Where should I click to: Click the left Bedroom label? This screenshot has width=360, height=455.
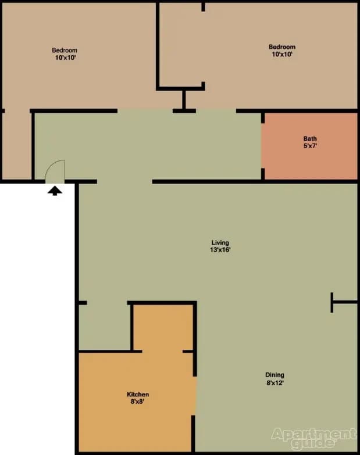click(x=65, y=51)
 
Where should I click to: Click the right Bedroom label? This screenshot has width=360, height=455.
click(x=281, y=47)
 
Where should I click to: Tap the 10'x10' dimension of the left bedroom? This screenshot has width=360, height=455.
click(x=65, y=58)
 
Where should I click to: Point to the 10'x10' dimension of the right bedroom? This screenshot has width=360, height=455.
click(x=281, y=55)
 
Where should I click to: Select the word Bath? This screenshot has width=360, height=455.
click(x=310, y=139)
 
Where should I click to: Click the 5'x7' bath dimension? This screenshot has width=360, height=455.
click(x=310, y=146)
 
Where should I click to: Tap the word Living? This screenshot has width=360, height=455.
click(x=220, y=242)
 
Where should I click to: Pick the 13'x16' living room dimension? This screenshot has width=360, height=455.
click(x=220, y=250)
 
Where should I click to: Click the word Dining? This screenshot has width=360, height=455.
click(x=275, y=375)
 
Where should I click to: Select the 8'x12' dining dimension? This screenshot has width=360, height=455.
click(x=275, y=382)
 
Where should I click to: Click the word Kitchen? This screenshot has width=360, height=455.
click(x=138, y=394)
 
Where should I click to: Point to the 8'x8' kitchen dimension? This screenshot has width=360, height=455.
click(x=138, y=402)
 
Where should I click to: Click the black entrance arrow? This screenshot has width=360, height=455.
click(x=55, y=191)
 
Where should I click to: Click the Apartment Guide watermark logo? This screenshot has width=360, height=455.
click(x=313, y=439)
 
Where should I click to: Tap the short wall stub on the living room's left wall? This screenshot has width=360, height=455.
click(x=82, y=303)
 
